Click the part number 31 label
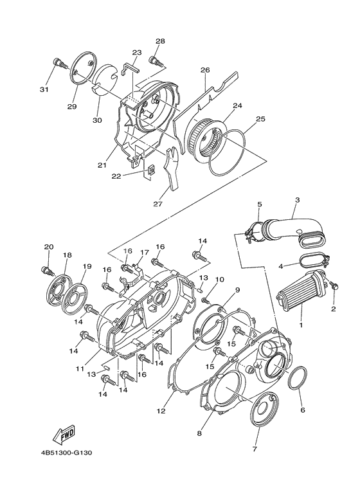pyautogui.click(x=44, y=89)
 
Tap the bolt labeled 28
pyautogui.click(x=154, y=61)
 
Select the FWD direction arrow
pyautogui.click(x=64, y=437)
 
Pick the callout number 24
pyautogui.click(x=237, y=105)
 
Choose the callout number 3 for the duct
pyautogui.click(x=298, y=201)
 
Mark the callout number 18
pyautogui.click(x=67, y=255)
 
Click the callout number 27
pyautogui.click(x=156, y=205)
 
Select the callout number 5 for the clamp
pyautogui.click(x=259, y=205)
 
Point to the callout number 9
pyautogui.click(x=237, y=290)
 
